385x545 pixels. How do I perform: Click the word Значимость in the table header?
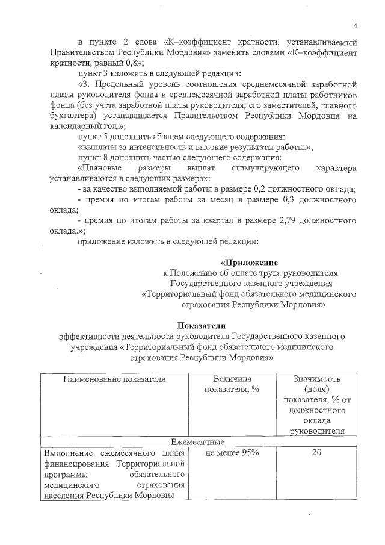317,379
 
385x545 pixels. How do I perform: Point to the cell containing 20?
317,453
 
